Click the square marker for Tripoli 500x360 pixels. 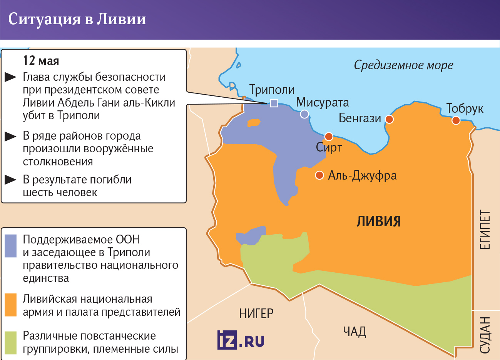274,103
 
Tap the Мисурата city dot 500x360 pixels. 304,114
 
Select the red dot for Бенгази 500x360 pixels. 389,119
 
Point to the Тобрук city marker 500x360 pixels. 456,120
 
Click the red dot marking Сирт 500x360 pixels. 329,137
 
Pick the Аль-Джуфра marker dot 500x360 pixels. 319,175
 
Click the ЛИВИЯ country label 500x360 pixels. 379,222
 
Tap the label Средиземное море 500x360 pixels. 403,65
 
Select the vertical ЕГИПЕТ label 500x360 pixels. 485,230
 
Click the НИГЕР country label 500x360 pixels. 256,313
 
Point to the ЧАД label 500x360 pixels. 355,332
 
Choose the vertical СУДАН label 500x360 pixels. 485,335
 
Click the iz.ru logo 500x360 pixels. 241,340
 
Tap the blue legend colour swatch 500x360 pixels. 11,246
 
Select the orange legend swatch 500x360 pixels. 11,305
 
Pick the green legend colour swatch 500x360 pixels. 11,342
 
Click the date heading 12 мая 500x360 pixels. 41,61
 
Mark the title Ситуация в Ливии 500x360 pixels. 77,19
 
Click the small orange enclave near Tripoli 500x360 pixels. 254,123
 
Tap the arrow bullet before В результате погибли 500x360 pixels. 10,180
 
